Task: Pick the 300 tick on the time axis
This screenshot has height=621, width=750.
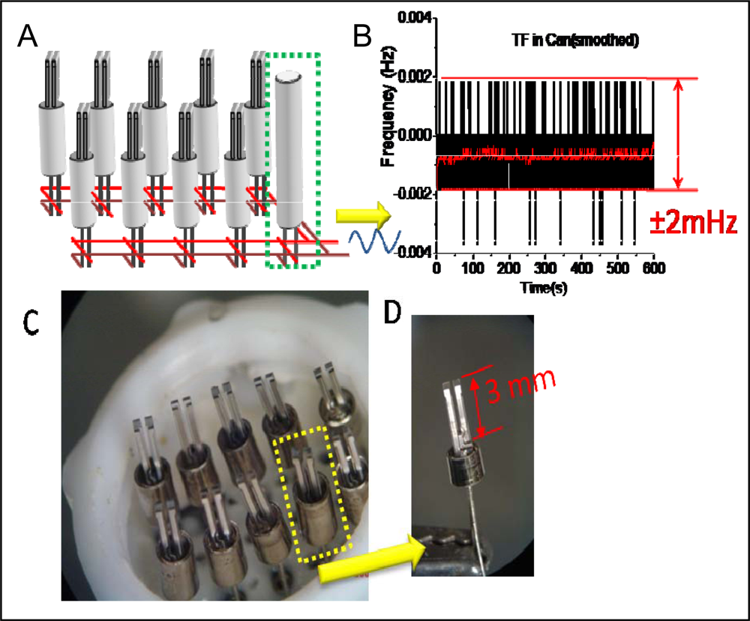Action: [545, 268]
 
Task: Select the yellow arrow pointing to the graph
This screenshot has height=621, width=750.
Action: [363, 217]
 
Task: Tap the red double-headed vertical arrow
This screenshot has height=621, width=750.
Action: [679, 133]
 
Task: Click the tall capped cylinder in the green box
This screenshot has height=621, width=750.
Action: [288, 149]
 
